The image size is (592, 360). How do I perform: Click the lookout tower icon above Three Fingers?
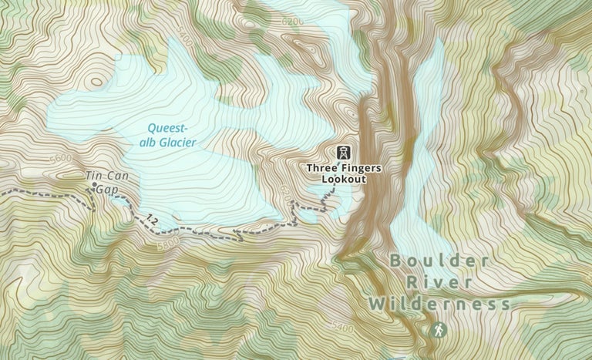pyautogui.click(x=344, y=153)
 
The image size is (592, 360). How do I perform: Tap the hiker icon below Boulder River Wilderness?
pyautogui.click(x=439, y=330)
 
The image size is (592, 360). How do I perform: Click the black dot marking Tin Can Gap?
pyautogui.click(x=95, y=186)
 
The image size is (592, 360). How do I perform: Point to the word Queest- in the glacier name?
pyautogui.click(x=167, y=130)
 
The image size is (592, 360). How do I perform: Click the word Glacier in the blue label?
pyautogui.click(x=180, y=143)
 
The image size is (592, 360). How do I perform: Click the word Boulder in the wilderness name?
pyautogui.click(x=439, y=261)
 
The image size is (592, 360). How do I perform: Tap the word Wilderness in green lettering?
pyautogui.click(x=439, y=304)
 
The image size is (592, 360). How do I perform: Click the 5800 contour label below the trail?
pyautogui.click(x=167, y=241)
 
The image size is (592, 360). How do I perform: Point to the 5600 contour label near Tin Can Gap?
pyautogui.click(x=59, y=159)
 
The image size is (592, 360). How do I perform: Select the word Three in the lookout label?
pyautogui.click(x=322, y=167)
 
